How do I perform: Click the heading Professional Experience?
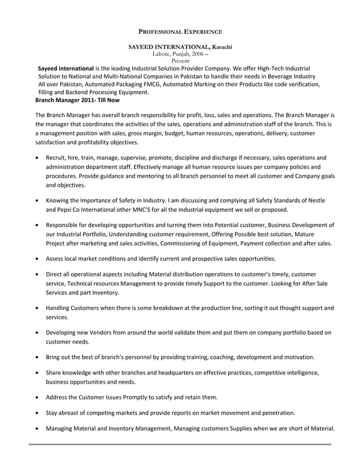(180, 33)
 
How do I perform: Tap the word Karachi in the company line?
(218, 46)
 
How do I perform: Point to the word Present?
(180, 60)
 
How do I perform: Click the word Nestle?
(313, 200)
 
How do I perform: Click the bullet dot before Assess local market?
(37, 259)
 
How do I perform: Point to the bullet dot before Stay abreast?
(37, 412)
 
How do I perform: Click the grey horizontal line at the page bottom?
(180, 445)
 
